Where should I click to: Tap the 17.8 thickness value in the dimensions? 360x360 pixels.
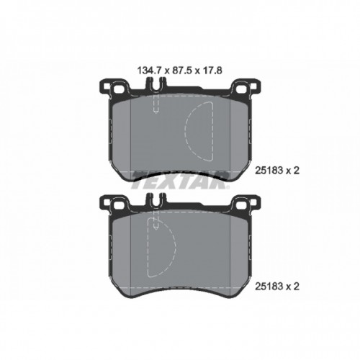[x=212, y=71]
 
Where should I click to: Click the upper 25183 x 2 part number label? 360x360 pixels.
[x=277, y=171]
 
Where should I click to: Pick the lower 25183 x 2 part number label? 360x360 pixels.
[x=277, y=287]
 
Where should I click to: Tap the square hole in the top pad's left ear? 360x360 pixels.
[x=117, y=90]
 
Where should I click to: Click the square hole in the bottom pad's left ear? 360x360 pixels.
[x=117, y=205]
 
